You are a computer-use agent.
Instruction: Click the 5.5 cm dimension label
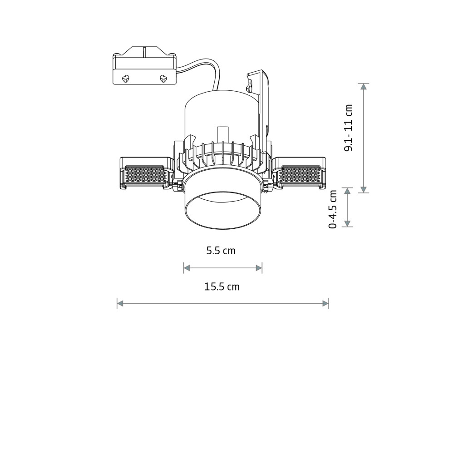[221, 251]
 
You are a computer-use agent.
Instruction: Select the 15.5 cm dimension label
[222, 286]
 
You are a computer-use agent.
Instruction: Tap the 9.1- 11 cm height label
[348, 128]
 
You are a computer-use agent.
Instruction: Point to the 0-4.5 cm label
[333, 209]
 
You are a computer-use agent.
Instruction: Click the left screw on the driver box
[126, 78]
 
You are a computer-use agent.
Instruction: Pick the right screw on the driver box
[163, 78]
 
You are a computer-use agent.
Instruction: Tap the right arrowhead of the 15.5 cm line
[326, 303]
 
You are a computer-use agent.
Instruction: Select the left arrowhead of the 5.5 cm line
[187, 268]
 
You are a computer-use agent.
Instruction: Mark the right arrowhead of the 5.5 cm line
[259, 268]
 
